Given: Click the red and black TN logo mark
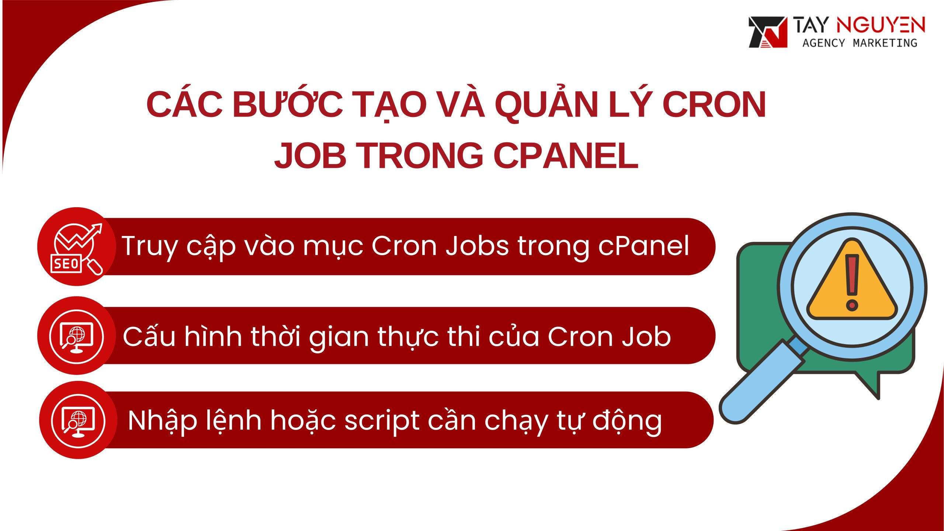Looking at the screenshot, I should (x=767, y=32).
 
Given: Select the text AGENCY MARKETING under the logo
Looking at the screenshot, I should (x=860, y=43).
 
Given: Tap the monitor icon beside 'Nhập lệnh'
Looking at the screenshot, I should (x=78, y=421).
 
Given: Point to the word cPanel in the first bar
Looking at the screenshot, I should (x=643, y=246).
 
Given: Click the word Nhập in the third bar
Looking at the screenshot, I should (x=162, y=421).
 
